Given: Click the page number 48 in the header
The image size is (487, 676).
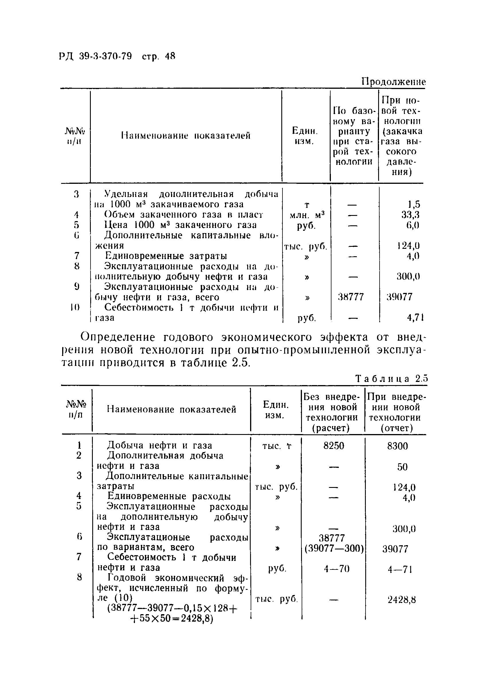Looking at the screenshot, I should (x=170, y=56).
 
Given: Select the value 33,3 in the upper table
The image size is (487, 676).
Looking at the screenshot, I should (x=410, y=215).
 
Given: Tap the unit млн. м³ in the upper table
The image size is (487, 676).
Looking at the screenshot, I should (x=307, y=215).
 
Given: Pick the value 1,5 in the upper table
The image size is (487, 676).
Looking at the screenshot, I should (x=414, y=204).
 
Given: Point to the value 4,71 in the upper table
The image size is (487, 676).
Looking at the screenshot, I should (x=415, y=318).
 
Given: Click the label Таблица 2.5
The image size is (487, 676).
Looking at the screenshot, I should (x=392, y=379).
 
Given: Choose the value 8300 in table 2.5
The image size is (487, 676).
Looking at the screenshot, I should (x=397, y=446).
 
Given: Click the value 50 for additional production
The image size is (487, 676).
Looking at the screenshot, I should (x=402, y=467).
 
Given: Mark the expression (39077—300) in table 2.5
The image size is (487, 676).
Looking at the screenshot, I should (x=334, y=549).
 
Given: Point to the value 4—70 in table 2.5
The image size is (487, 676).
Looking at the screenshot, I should (x=336, y=569).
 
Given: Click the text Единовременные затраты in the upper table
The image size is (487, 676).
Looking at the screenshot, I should (x=166, y=256).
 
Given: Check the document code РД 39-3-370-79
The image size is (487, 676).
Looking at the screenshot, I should (x=95, y=56).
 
